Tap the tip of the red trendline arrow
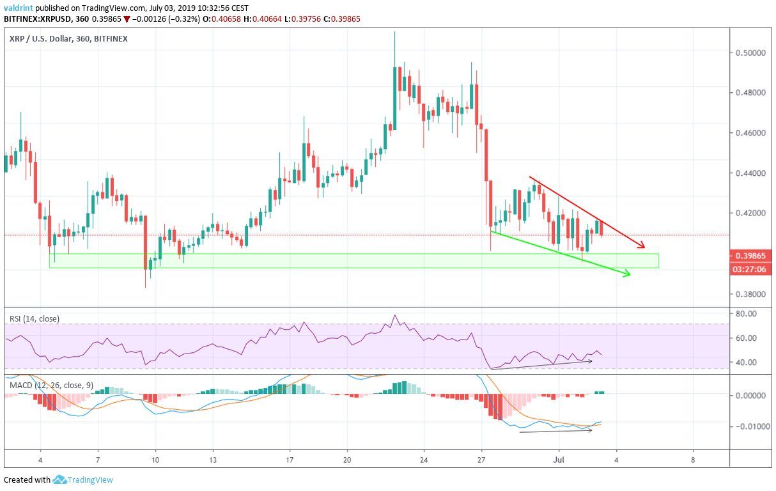(x=645, y=247)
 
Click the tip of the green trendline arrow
(x=630, y=275)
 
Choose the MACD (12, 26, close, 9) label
(x=50, y=386)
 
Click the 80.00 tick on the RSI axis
(x=746, y=314)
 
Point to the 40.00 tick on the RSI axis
(x=746, y=362)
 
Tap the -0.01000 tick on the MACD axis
(x=749, y=426)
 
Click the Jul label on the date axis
(x=558, y=460)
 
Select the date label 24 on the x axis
(x=424, y=460)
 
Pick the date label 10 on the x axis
(x=155, y=460)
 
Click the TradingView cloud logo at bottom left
(x=61, y=479)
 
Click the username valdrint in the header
(x=18, y=8)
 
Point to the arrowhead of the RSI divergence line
(x=591, y=361)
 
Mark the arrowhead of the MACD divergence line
(x=591, y=430)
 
